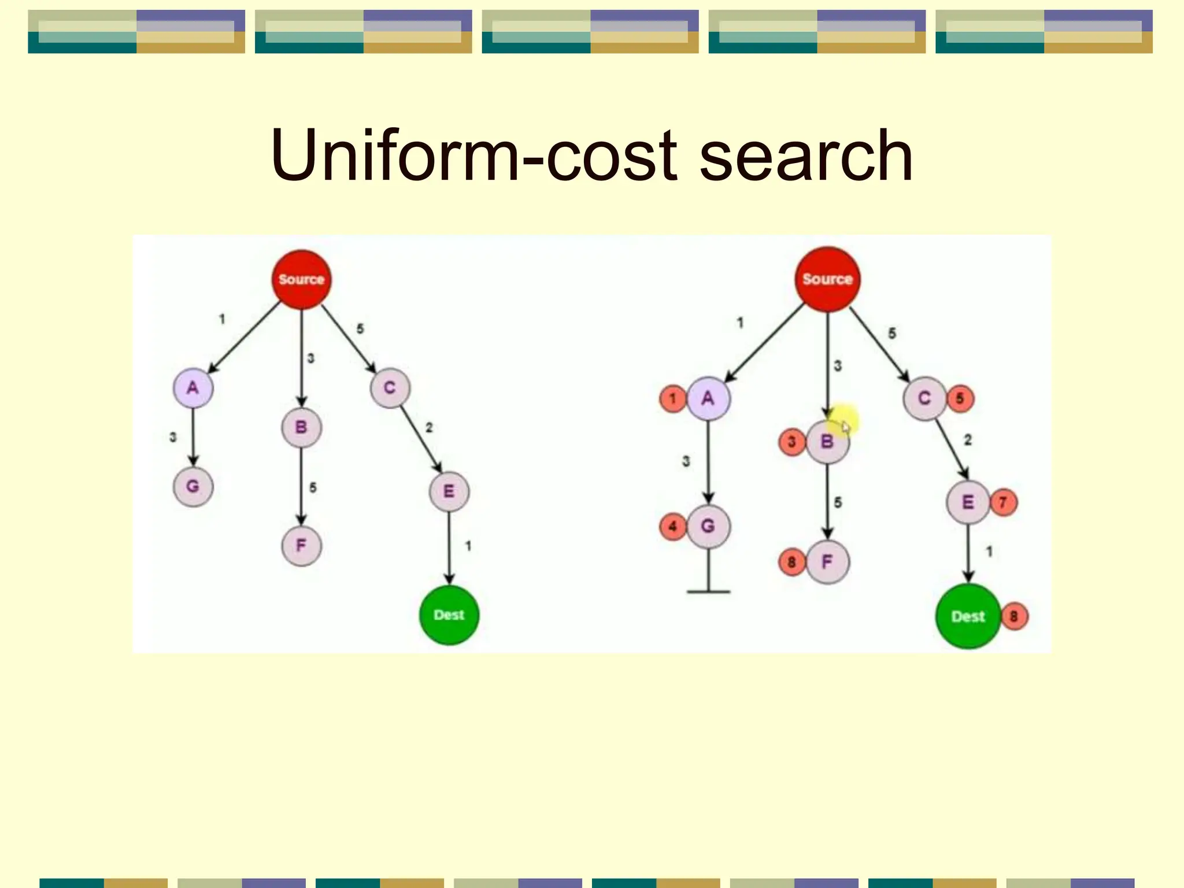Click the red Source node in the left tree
click(301, 279)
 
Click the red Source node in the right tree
click(827, 279)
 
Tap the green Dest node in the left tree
click(449, 615)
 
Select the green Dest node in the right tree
click(968, 616)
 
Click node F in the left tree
click(301, 545)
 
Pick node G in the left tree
click(193, 486)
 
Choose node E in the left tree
click(449, 491)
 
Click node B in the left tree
click(301, 427)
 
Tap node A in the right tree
click(708, 398)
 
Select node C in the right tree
click(924, 398)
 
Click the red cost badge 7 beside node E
click(1004, 502)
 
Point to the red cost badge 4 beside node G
click(673, 526)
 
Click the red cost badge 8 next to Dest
click(1014, 616)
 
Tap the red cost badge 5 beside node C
click(960, 398)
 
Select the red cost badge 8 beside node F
click(792, 561)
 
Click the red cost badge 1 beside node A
click(673, 398)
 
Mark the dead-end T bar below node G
click(708, 591)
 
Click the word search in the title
click(806, 156)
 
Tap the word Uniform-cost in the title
click(473, 156)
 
